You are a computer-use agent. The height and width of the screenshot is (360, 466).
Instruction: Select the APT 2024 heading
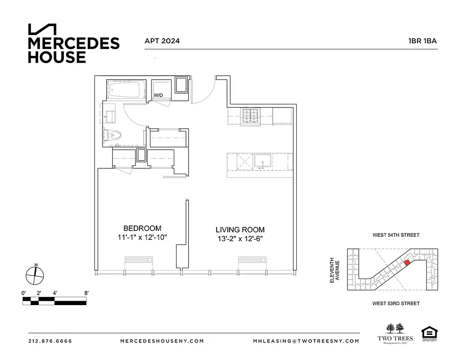[x=162, y=41]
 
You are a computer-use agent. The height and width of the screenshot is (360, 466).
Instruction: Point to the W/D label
[x=158, y=95]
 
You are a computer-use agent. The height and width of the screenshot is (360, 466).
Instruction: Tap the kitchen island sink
[x=261, y=161]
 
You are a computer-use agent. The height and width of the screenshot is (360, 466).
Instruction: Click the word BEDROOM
[x=142, y=228]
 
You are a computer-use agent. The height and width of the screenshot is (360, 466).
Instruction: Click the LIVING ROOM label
[x=240, y=229]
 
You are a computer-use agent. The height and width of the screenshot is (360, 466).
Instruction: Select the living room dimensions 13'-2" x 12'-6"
[x=240, y=238]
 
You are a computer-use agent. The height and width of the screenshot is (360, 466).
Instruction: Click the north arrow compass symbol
[x=34, y=274]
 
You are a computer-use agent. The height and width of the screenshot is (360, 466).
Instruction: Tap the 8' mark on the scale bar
[x=86, y=293]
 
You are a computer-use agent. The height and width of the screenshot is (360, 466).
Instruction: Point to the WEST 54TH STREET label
[x=396, y=235]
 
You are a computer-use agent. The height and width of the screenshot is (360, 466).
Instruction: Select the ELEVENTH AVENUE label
[x=335, y=270]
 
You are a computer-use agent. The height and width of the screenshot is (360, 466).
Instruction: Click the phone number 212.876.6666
[x=50, y=341]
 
